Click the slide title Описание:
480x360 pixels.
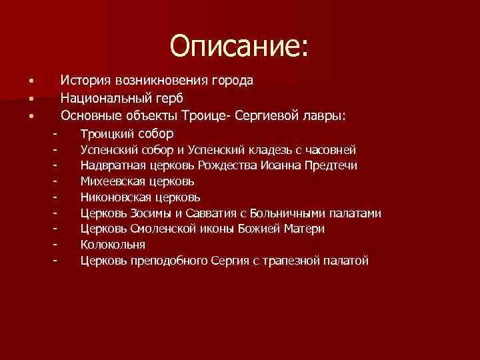coord(239,46)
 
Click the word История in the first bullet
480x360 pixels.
coord(85,81)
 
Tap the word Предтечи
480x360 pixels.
coord(331,165)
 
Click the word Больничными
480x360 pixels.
coord(288,213)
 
